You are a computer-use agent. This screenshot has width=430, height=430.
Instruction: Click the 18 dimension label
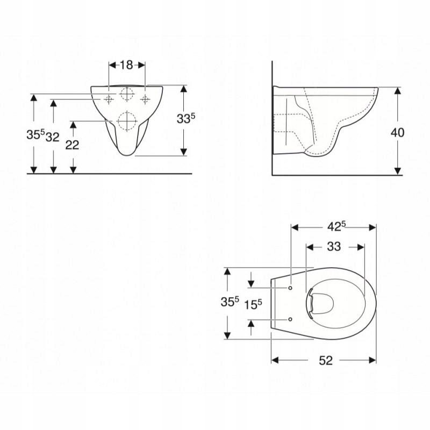(126, 65)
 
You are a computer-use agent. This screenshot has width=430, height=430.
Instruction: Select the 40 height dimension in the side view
(397, 132)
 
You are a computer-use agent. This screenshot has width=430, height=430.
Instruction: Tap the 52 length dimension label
(326, 360)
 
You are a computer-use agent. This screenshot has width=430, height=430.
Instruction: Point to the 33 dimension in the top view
(334, 247)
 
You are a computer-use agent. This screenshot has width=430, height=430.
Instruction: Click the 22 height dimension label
(72, 145)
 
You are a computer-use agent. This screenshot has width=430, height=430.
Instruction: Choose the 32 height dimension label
(52, 137)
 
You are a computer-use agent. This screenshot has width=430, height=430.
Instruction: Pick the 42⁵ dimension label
(336, 226)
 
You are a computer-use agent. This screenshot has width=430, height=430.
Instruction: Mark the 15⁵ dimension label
(253, 304)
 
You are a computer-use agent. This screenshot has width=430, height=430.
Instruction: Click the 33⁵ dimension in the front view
(186, 118)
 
